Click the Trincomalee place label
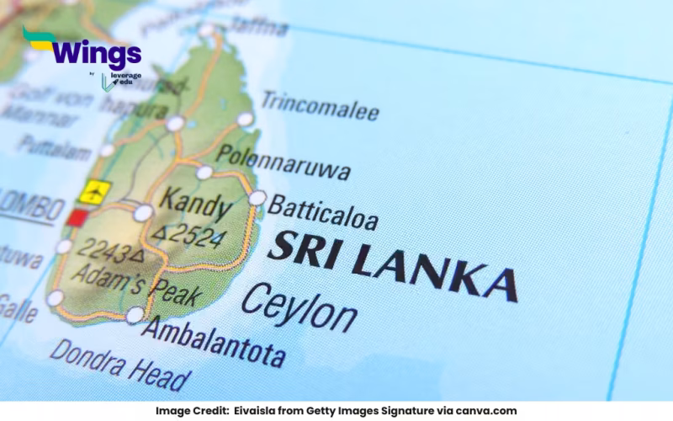[x=319, y=106]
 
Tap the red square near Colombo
[x=77, y=217]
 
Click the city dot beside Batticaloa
[x=257, y=199]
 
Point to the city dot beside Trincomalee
[x=245, y=120]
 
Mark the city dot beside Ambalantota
[x=135, y=315]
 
